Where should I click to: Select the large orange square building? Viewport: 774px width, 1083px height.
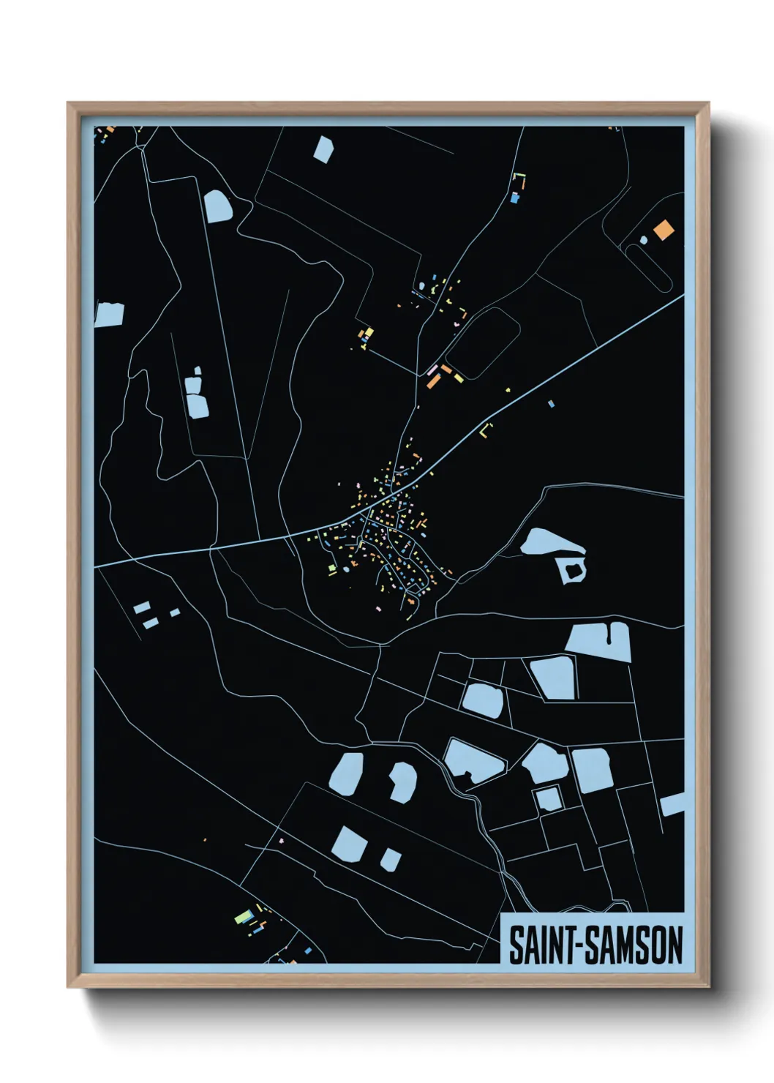click(x=664, y=229)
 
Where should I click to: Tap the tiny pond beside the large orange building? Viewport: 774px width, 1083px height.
click(x=643, y=239)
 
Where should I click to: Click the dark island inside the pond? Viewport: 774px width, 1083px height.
click(x=571, y=569)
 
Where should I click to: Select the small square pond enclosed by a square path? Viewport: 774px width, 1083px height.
click(x=548, y=798)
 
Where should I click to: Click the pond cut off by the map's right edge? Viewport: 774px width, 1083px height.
click(x=672, y=804)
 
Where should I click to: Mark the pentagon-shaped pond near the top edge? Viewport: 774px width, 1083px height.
click(x=323, y=149)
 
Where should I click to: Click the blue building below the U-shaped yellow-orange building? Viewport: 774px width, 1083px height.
click(x=515, y=197)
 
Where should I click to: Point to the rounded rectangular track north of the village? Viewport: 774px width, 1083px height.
click(x=482, y=342)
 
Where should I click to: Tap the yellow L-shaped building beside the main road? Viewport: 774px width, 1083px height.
click(x=485, y=430)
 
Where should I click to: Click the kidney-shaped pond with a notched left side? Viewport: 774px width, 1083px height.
click(x=402, y=782)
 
